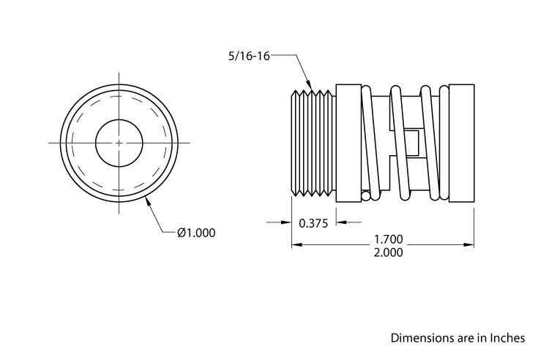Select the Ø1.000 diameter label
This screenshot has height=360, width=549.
point(196,233)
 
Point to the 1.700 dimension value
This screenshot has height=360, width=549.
point(389,239)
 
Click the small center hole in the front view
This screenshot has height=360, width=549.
point(119,142)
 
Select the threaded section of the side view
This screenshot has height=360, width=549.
point(312,142)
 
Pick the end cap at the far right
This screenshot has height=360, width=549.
point(462,142)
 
